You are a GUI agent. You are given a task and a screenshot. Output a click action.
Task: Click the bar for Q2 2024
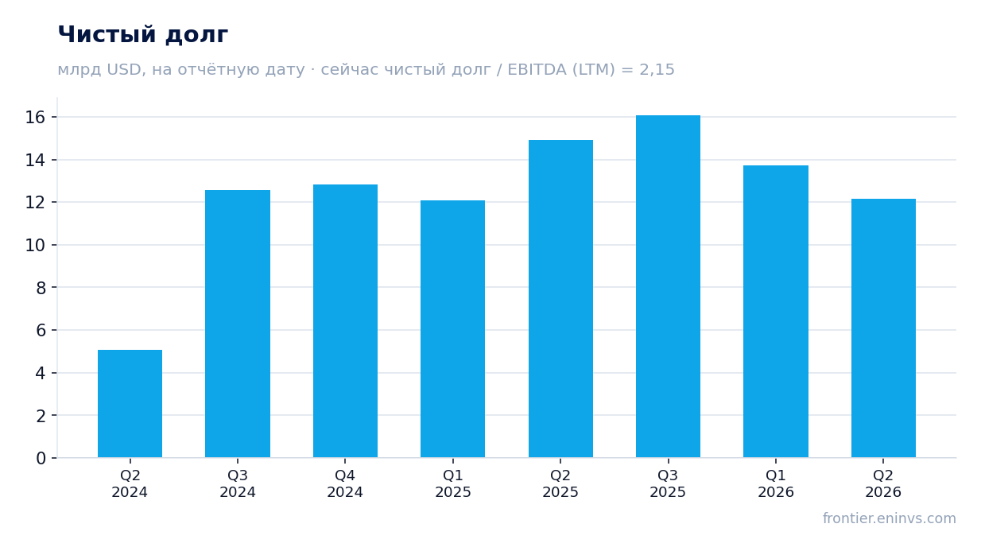[130, 403]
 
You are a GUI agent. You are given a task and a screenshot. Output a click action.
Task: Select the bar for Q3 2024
[238, 324]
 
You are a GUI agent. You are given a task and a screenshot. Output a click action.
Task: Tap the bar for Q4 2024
[345, 321]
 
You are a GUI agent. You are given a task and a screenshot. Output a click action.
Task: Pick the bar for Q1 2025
[453, 329]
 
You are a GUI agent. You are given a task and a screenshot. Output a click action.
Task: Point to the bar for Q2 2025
[560, 299]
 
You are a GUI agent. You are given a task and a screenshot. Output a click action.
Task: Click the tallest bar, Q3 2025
[669, 286]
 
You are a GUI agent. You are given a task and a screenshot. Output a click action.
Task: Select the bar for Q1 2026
[776, 312]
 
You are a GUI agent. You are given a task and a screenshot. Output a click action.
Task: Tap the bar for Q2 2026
[883, 328]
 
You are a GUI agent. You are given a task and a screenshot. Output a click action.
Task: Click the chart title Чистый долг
[143, 35]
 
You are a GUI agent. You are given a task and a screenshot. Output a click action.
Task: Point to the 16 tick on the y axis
[35, 118]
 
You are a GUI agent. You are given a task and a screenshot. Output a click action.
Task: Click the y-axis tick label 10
[35, 245]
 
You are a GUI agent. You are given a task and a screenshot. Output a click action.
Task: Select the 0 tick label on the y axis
[41, 459]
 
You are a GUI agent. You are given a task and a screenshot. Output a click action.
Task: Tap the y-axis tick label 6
[41, 330]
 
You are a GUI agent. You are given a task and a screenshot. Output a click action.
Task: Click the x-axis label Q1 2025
[453, 483]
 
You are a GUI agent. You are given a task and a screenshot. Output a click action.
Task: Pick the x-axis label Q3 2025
[668, 483]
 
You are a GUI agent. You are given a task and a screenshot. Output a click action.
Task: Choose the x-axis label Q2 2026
[883, 483]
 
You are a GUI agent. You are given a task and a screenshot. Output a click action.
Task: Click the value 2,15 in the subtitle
[657, 70]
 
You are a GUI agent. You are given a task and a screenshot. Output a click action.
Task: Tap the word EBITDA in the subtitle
[537, 70]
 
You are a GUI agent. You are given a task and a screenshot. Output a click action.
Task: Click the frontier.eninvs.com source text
[889, 518]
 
